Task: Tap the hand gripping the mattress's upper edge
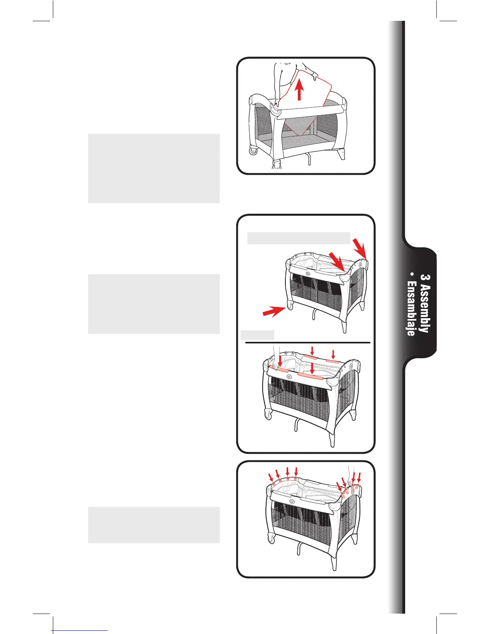315,76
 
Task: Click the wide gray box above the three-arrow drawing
299,238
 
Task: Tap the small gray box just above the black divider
257,335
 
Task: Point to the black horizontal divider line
307,343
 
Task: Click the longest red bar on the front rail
311,375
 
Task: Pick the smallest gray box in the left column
154,525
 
